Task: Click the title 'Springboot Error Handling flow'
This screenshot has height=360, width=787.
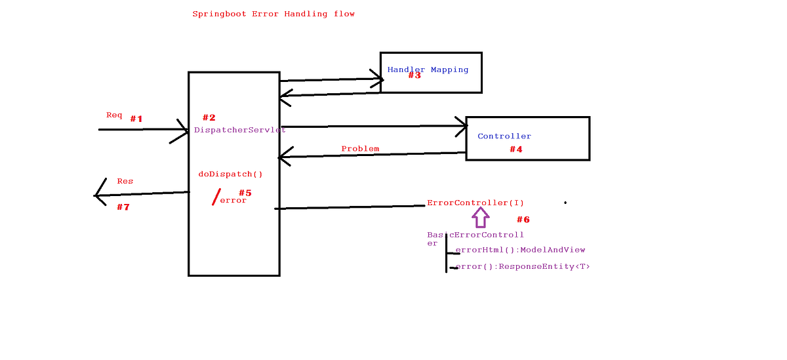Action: [273, 14]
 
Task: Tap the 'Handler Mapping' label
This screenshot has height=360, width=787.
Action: [428, 70]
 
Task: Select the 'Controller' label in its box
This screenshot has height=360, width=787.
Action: [504, 136]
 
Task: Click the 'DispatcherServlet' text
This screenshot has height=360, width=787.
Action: [239, 130]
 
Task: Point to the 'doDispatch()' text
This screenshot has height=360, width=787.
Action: [230, 174]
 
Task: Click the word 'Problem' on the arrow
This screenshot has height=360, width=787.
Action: [360, 149]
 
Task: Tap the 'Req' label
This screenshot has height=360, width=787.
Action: [114, 115]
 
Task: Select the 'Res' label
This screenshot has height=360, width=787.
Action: [125, 181]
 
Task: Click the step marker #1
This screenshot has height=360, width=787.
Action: [136, 119]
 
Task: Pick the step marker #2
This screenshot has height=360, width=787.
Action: [209, 118]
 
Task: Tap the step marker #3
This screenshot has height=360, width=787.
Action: [414, 75]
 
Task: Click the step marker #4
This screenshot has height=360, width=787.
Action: [516, 150]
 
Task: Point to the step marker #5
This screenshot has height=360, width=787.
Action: [245, 193]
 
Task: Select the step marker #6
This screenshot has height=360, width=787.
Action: [523, 220]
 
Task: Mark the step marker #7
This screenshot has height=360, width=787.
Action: [123, 207]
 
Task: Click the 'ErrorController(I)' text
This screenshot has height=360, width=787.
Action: [475, 203]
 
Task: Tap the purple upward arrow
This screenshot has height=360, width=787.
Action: [481, 217]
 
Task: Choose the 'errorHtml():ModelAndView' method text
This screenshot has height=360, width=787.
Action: [520, 250]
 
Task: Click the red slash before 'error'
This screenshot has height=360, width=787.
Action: [216, 197]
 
